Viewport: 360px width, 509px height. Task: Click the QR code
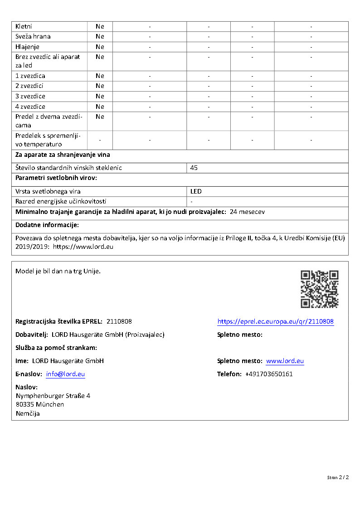point(320,289)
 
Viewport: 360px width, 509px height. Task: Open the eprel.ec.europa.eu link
point(275,321)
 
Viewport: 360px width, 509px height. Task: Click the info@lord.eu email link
point(65,374)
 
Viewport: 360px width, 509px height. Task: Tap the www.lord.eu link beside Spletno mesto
point(285,361)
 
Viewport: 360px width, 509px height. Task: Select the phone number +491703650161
point(269,374)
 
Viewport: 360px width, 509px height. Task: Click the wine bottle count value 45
point(194,168)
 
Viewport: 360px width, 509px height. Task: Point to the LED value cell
point(196,191)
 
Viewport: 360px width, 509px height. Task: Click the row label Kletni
point(24,26)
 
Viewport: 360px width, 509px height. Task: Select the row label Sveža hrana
point(33,36)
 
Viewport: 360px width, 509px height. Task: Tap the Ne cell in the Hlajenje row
point(100,47)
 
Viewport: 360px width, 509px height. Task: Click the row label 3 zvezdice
point(30,96)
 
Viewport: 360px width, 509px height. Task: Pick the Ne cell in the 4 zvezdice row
point(100,107)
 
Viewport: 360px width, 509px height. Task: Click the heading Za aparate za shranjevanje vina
point(63,155)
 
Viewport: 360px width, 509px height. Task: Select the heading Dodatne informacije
point(47,225)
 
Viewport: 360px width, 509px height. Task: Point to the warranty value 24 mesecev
point(248,212)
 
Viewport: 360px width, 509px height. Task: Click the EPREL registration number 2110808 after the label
point(119,321)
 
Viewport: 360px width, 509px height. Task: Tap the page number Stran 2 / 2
point(338,477)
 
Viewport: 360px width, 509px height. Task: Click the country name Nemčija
point(28,413)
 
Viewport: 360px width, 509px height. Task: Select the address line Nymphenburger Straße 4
point(53,396)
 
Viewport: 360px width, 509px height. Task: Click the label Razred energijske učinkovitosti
point(61,201)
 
